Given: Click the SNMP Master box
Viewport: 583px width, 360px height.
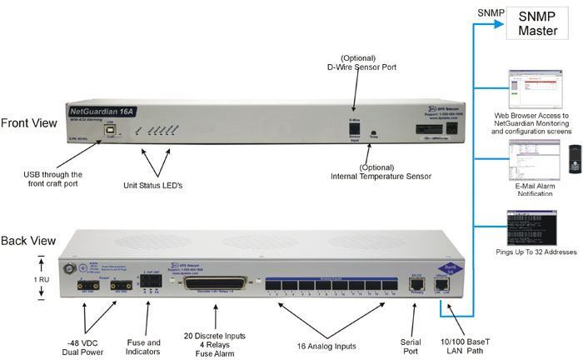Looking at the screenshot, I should point(538,23).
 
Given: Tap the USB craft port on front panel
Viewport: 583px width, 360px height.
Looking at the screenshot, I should point(109,132).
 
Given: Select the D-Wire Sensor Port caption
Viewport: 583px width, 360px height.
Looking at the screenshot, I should point(359,62).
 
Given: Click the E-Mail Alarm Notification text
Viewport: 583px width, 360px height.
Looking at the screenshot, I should point(532,188).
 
